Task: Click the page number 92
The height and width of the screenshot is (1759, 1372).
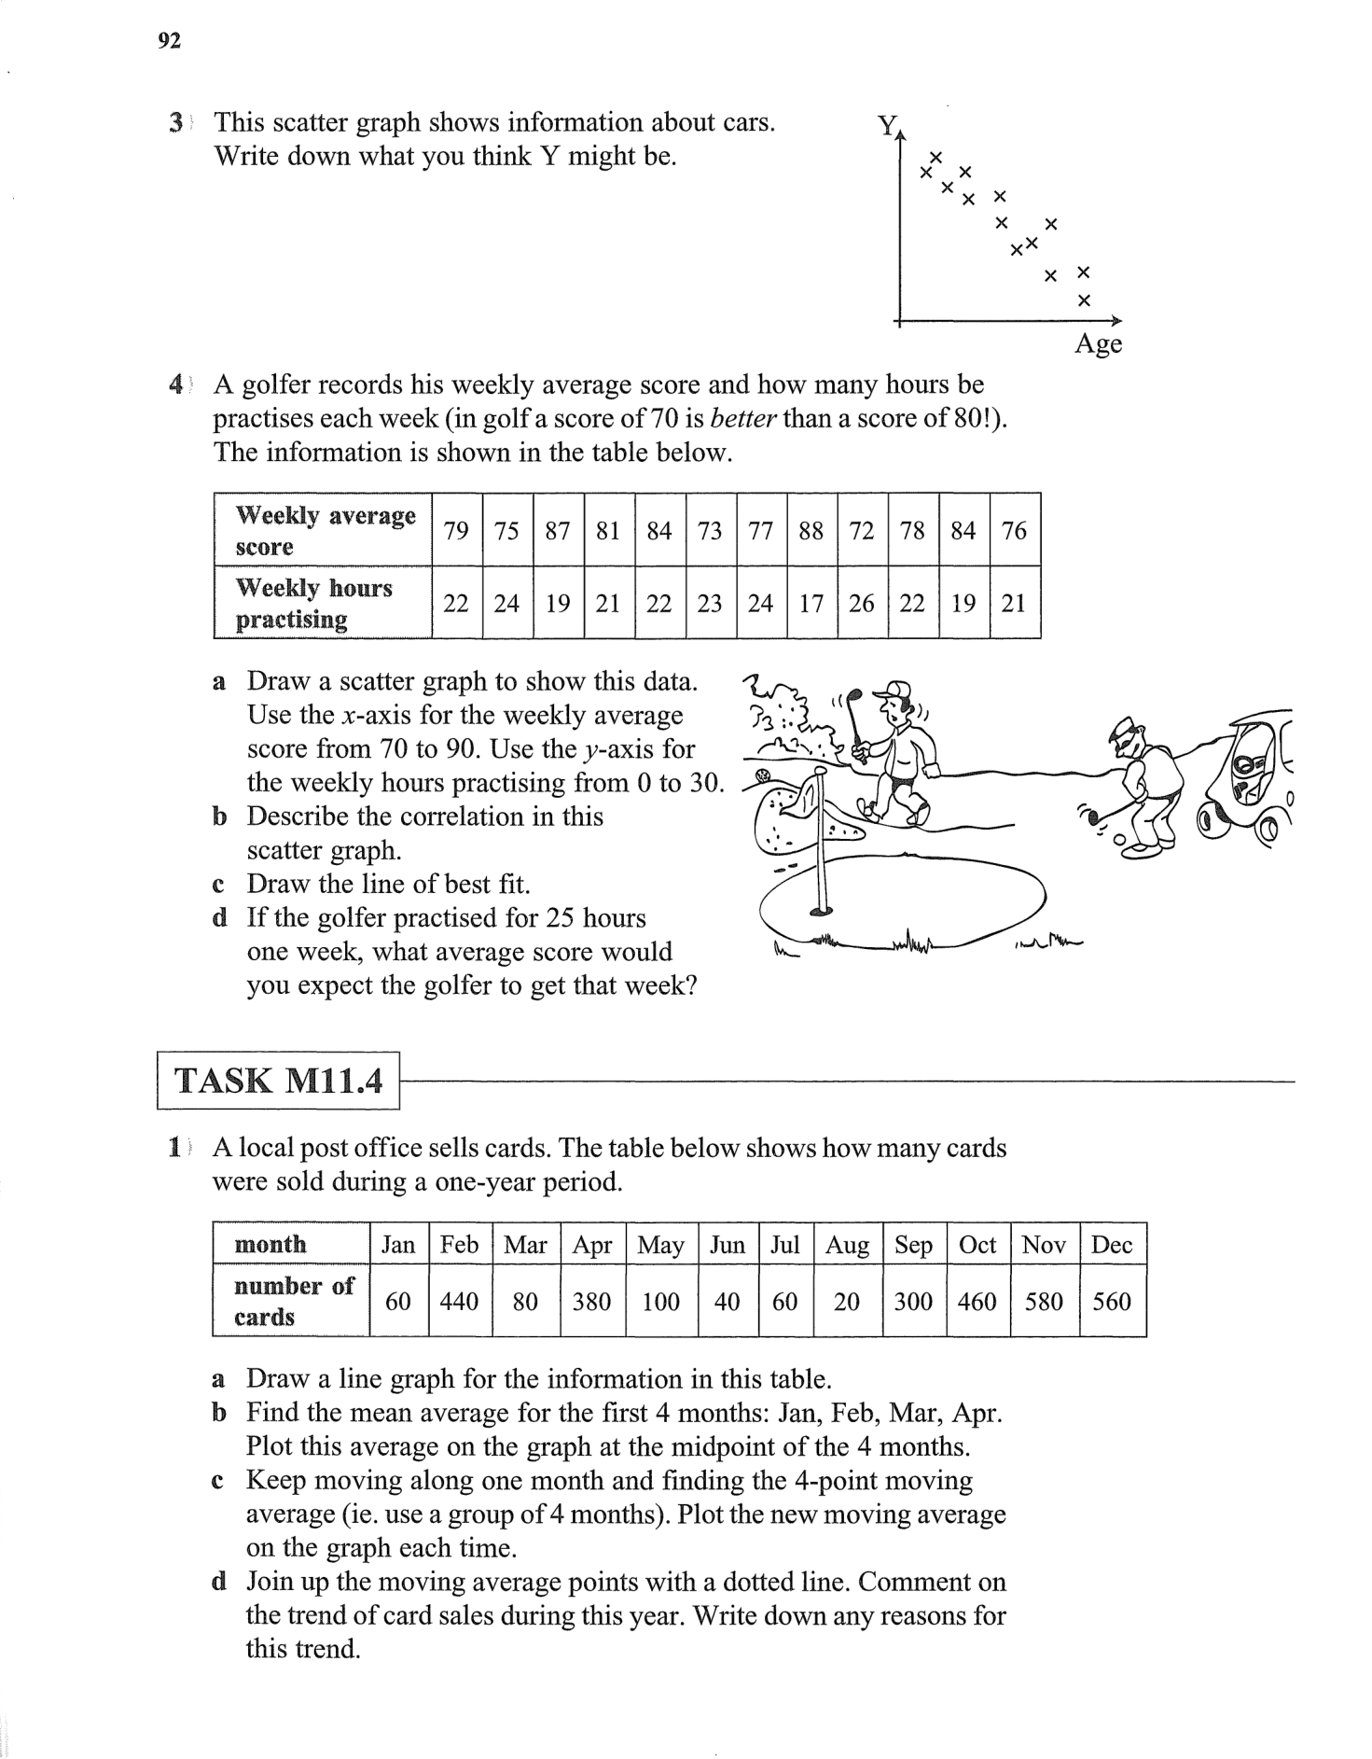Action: point(169,41)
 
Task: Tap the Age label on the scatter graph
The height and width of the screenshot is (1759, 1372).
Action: point(1098,344)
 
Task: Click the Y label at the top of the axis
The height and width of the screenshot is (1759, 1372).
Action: point(887,125)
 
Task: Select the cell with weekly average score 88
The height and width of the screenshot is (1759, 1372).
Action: point(811,531)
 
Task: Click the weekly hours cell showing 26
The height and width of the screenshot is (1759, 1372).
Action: point(862,604)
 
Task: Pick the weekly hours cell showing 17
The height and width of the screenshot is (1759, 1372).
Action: point(811,604)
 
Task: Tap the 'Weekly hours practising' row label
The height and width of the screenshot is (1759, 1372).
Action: point(314,604)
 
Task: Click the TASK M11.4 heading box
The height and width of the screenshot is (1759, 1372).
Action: point(278,1081)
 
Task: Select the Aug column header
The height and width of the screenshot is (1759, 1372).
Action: point(847,1245)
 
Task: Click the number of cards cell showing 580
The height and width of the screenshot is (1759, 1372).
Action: point(1044,1302)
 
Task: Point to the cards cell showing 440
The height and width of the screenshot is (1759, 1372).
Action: point(459,1302)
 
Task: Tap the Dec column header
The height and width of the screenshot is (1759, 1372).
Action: point(1112,1245)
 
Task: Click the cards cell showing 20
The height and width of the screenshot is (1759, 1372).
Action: point(847,1302)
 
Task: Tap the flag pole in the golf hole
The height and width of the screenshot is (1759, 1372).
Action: point(821,840)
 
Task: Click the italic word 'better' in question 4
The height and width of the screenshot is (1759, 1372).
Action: point(743,419)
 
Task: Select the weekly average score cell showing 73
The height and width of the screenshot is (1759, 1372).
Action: point(710,531)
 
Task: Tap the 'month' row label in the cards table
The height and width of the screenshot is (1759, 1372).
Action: point(270,1245)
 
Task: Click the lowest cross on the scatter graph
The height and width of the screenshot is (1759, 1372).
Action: point(1083,300)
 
